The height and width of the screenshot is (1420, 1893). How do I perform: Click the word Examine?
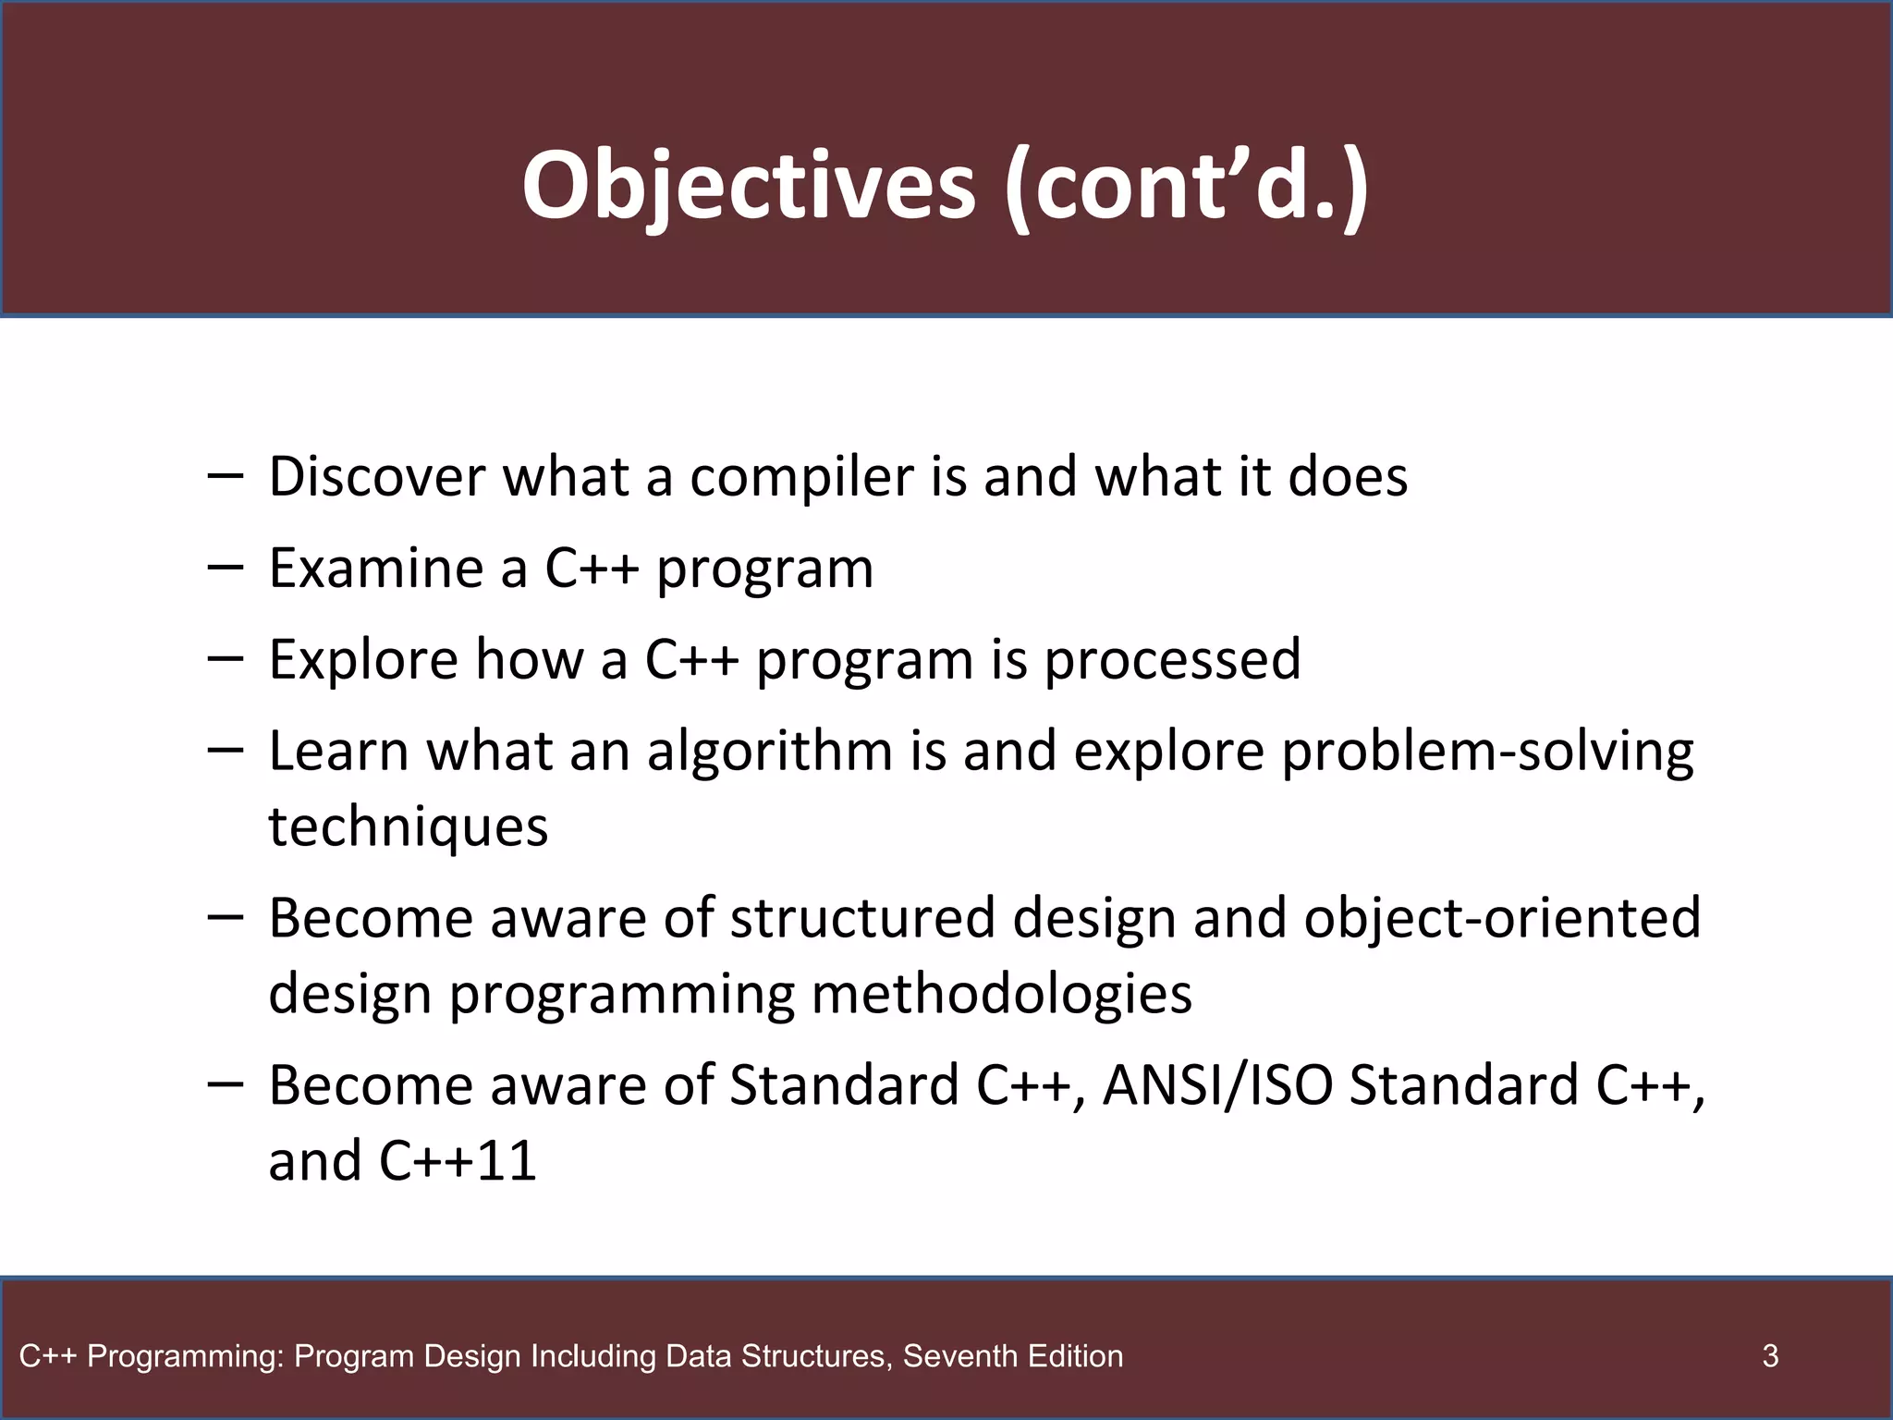point(375,568)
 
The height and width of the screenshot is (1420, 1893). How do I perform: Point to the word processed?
point(1172,660)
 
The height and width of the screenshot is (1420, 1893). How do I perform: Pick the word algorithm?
point(769,751)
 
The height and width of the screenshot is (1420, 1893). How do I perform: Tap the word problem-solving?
point(1487,751)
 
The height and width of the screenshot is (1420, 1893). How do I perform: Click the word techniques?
point(409,826)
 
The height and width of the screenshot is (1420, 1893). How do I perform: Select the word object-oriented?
point(1502,918)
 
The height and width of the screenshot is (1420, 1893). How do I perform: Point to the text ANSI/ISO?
point(1217,1085)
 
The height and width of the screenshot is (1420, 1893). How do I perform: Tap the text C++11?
point(458,1161)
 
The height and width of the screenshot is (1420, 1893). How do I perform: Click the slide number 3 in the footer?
point(1770,1356)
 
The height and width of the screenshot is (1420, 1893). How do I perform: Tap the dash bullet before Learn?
point(226,750)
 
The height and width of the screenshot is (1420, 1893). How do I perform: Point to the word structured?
point(863,918)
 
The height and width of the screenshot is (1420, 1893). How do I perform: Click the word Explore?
point(363,660)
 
